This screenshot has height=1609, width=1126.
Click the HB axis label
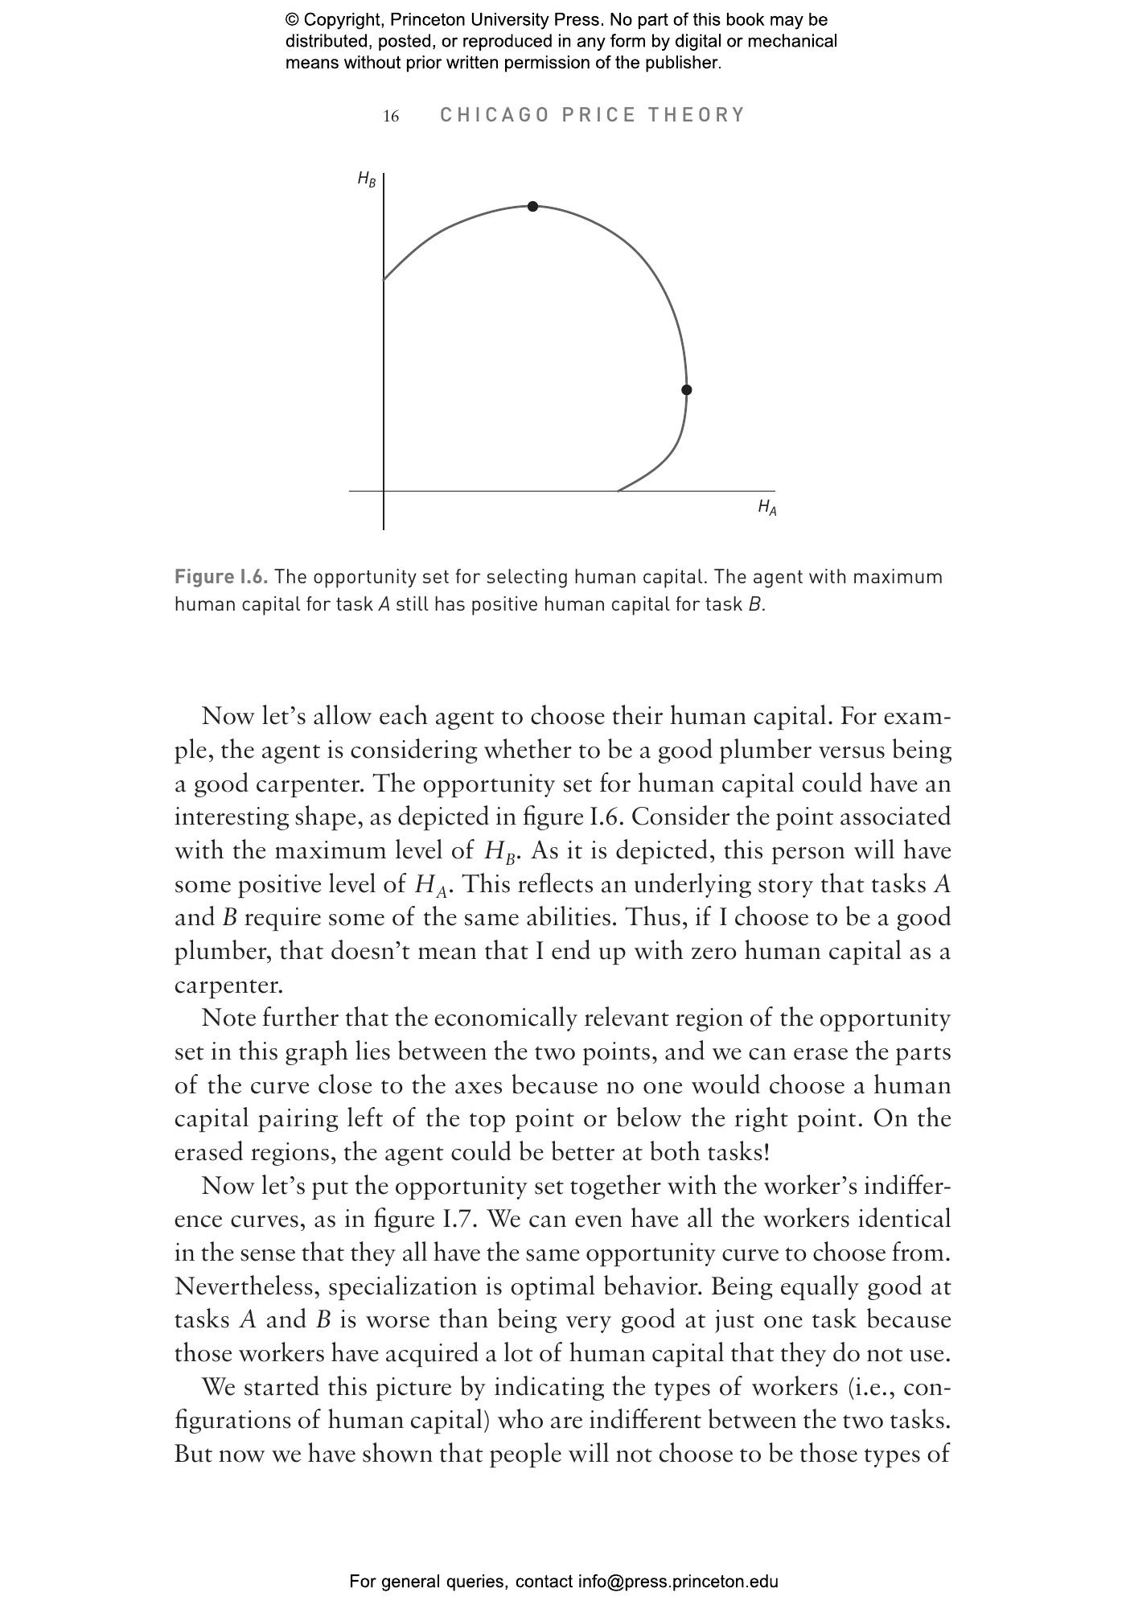pos(366,179)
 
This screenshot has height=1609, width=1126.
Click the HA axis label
pos(766,507)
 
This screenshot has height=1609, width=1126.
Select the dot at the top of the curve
pos(532,207)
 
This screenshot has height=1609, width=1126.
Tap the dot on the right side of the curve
pos(686,390)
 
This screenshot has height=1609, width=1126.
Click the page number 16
pos(391,117)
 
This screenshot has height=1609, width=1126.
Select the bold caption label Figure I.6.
pos(221,577)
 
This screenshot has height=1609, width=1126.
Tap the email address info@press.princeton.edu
pos(677,1582)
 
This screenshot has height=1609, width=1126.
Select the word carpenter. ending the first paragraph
pos(228,985)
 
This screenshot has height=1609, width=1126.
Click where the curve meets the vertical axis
pos(384,280)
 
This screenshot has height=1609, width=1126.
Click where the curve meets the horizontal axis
pos(618,490)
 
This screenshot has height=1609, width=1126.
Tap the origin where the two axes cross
pos(384,490)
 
